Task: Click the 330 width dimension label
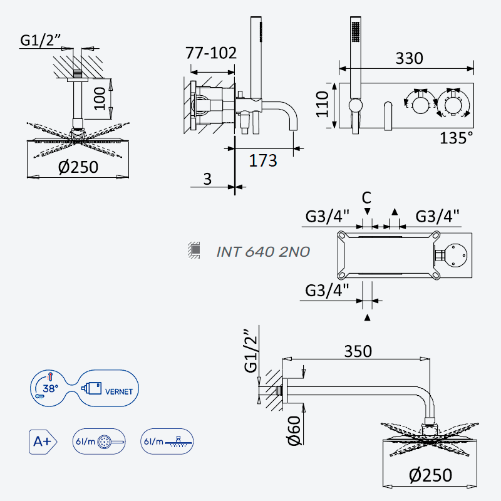(x=409, y=58)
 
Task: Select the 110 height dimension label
(x=323, y=104)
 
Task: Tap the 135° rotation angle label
(x=456, y=138)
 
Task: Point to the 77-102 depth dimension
(x=211, y=53)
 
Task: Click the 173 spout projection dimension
(x=262, y=160)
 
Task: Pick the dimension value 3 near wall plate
(x=207, y=179)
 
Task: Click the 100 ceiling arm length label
(x=100, y=98)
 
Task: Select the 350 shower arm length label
(x=358, y=351)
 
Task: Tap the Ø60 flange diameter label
(x=294, y=430)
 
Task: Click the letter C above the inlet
(x=366, y=198)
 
